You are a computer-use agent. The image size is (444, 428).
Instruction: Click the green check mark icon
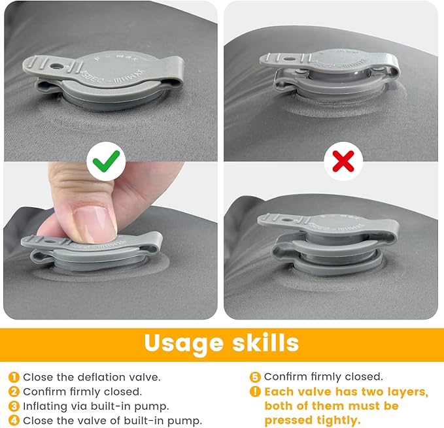tap(106, 161)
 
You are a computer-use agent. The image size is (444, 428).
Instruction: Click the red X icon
tap(343, 161)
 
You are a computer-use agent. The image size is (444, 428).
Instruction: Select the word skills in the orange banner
tap(265, 342)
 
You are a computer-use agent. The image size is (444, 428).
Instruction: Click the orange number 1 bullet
tap(14, 377)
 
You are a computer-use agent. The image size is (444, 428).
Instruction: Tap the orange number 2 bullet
tap(14, 392)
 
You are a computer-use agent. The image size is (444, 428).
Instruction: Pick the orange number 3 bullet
tap(14, 406)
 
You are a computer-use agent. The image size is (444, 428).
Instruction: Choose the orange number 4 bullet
tap(14, 420)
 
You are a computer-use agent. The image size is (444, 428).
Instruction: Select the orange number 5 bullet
tap(255, 377)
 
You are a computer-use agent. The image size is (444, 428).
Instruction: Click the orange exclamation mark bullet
tap(255, 392)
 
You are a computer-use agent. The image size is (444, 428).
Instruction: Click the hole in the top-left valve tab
tap(54, 66)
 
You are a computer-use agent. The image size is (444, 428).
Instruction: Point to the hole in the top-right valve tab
tap(288, 59)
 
